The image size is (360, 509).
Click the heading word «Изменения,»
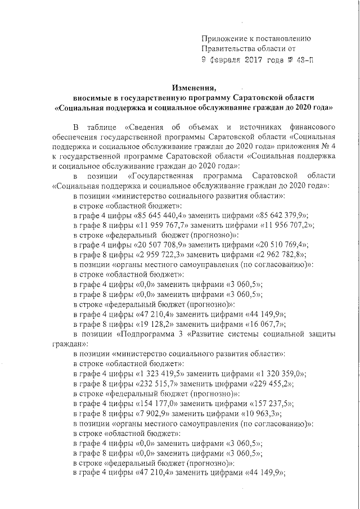(x=194, y=88)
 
